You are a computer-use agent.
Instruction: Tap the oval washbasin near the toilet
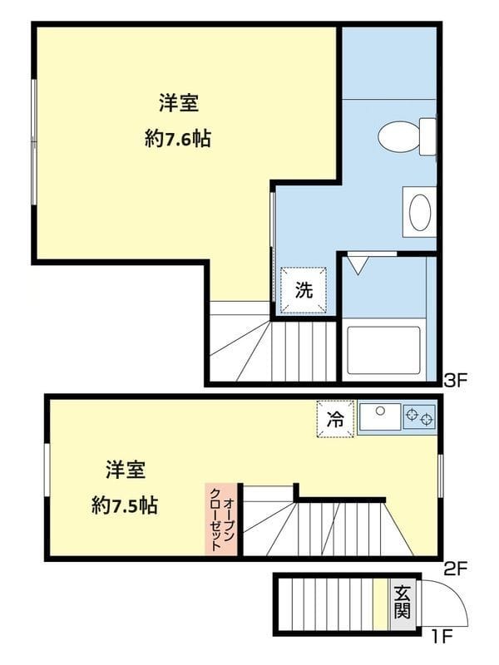tap(418, 211)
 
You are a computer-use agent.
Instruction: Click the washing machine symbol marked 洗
tap(304, 290)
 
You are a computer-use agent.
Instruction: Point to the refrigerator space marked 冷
tap(335, 419)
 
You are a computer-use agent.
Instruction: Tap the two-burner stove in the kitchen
tap(420, 417)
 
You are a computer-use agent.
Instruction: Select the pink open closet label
tap(221, 520)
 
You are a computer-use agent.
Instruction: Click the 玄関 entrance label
tap(402, 603)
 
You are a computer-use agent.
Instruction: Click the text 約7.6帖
tap(177, 139)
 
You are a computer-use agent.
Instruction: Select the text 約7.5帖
tap(126, 504)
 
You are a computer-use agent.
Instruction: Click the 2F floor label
tap(456, 569)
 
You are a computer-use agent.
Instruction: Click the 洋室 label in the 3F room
tap(178, 104)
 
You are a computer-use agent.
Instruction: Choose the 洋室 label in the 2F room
tap(126, 470)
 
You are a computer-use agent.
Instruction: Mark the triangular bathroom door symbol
tap(357, 265)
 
